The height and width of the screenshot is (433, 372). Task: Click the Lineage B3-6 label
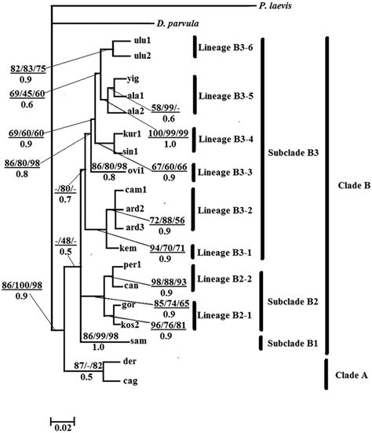(228, 47)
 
